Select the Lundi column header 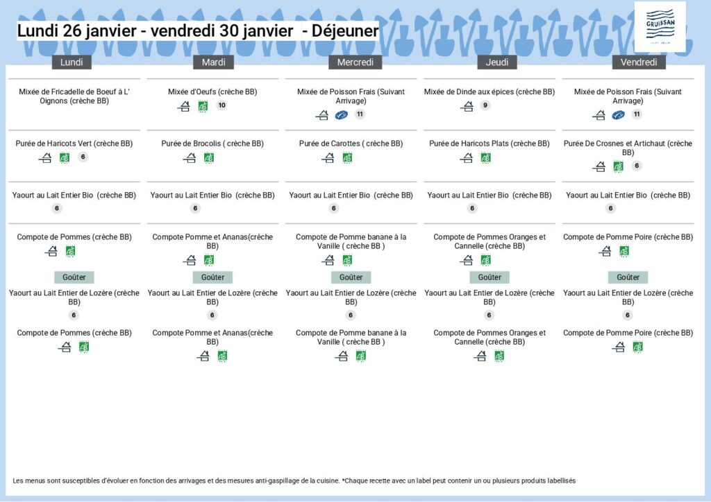[x=72, y=62]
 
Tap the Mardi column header [x=213, y=62]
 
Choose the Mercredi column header [x=355, y=62]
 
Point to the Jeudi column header [x=497, y=62]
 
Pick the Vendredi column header [x=639, y=62]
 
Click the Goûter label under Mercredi [x=351, y=277]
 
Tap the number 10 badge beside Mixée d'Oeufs [x=221, y=105]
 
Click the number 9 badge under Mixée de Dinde [x=485, y=105]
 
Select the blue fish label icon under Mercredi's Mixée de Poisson [x=341, y=115]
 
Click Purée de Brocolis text [x=212, y=144]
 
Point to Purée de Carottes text [x=351, y=144]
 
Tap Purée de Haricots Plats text [x=490, y=144]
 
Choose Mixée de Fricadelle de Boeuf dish [x=74, y=96]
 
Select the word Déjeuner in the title [x=345, y=31]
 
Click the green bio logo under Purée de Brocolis [x=208, y=158]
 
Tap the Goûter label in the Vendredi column [x=628, y=277]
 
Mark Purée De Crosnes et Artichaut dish [x=628, y=148]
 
